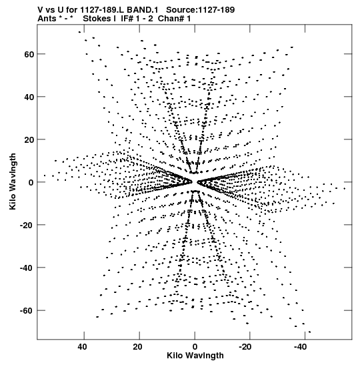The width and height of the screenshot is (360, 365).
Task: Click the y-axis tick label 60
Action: pyautogui.click(x=29, y=54)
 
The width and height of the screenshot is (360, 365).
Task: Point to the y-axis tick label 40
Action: pyautogui.click(x=29, y=97)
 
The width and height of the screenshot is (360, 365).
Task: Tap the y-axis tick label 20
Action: pyautogui.click(x=29, y=139)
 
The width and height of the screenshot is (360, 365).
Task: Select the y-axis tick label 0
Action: pyautogui.click(x=31, y=183)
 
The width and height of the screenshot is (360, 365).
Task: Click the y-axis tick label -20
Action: pyautogui.click(x=27, y=225)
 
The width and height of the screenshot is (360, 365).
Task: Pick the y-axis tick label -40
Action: pyautogui.click(x=27, y=268)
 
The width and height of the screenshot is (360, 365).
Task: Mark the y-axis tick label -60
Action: pyautogui.click(x=27, y=311)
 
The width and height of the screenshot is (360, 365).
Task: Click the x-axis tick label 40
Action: pyautogui.click(x=82, y=347)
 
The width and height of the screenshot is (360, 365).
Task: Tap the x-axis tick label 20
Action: pyautogui.click(x=137, y=347)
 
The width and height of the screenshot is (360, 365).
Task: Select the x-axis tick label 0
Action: pyautogui.click(x=195, y=347)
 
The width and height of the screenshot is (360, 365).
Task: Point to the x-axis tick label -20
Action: pyautogui.click(x=245, y=347)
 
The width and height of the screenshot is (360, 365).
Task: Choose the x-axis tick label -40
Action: pyautogui.click(x=300, y=347)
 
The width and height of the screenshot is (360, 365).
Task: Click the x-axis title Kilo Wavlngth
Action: pyautogui.click(x=195, y=356)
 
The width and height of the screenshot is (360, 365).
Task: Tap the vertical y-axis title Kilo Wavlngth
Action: pyautogui.click(x=13, y=181)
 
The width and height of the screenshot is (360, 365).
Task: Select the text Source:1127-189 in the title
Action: pyautogui.click(x=201, y=10)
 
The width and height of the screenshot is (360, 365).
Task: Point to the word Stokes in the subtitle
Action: pyautogui.click(x=99, y=19)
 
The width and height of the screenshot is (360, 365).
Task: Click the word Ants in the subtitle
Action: pyautogui.click(x=47, y=19)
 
